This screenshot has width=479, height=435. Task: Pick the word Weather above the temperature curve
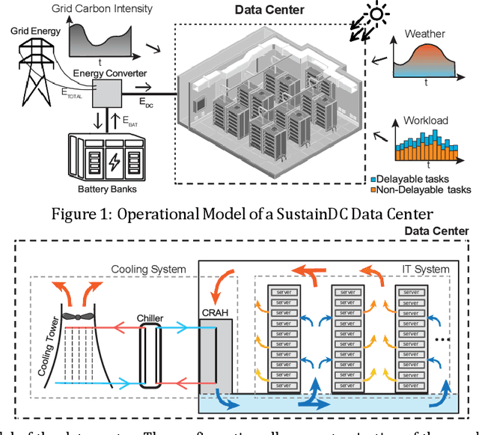point(424,34)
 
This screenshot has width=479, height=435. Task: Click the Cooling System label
point(147,269)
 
